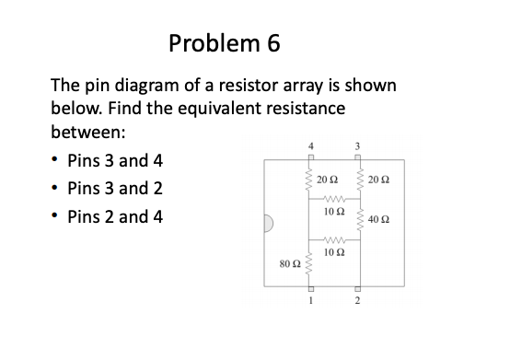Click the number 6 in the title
coord(269,43)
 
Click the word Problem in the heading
coord(212,43)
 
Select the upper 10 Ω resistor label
coord(335,215)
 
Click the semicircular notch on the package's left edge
coord(270,224)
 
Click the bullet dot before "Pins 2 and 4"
coord(57,221)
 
